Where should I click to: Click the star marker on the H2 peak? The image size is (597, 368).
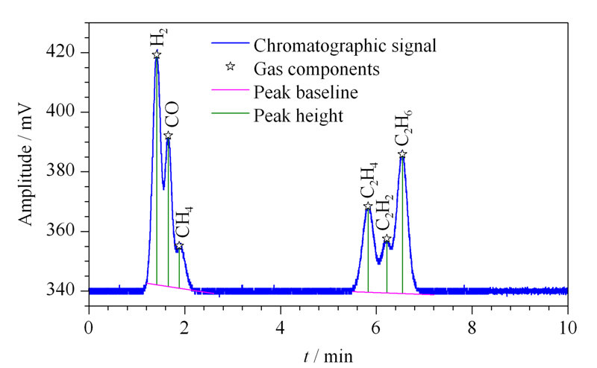pyautogui.click(x=157, y=54)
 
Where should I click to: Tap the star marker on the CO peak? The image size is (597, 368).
pyautogui.click(x=168, y=136)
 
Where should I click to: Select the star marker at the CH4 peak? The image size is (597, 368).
pyautogui.click(x=179, y=246)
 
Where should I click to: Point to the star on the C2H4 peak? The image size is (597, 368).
pyautogui.click(x=368, y=206)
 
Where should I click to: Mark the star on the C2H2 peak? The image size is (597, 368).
pyautogui.click(x=387, y=238)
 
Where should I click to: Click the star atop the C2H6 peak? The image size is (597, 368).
pyautogui.click(x=402, y=154)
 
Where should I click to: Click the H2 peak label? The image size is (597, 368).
pyautogui.click(x=159, y=38)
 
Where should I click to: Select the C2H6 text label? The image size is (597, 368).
pyautogui.click(x=404, y=127)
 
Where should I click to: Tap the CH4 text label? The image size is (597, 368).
pyautogui.click(x=184, y=222)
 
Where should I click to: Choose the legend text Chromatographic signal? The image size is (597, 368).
pyautogui.click(x=345, y=45)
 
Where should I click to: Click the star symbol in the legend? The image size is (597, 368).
pyautogui.click(x=230, y=66)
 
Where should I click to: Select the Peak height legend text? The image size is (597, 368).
pyautogui.click(x=298, y=116)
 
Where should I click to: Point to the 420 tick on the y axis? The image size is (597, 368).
pyautogui.click(x=60, y=52)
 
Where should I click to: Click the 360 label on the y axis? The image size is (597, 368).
pyautogui.click(x=60, y=231)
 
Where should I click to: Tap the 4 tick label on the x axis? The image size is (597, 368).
pyautogui.click(x=281, y=328)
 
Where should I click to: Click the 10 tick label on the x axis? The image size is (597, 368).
pyautogui.click(x=567, y=328)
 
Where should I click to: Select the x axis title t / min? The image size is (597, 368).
pyautogui.click(x=328, y=356)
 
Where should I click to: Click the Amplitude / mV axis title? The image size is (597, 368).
pyautogui.click(x=26, y=164)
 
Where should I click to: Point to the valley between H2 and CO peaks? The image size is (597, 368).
pyautogui.click(x=163, y=188)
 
